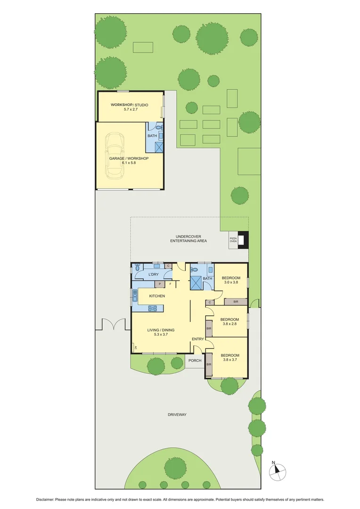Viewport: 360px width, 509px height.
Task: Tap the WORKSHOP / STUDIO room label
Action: coord(129,105)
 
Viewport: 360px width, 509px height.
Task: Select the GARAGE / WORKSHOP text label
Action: coord(129,158)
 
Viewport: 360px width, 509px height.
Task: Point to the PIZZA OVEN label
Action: coord(233,239)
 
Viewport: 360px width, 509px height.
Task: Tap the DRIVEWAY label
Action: coord(177,415)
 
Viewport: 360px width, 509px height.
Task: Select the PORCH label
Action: coord(195,361)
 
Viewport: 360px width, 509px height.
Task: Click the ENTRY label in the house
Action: coord(198,339)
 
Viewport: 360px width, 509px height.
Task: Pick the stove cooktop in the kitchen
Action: coord(153,308)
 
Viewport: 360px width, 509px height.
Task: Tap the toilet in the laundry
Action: coord(137,266)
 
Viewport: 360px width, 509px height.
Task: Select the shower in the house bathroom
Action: coord(196,283)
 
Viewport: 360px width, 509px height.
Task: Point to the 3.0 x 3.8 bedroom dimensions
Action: coord(230,283)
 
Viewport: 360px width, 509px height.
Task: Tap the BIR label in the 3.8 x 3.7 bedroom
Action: coord(209,364)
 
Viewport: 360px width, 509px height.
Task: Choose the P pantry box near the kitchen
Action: coord(160,284)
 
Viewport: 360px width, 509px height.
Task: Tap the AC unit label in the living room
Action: coord(135,348)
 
